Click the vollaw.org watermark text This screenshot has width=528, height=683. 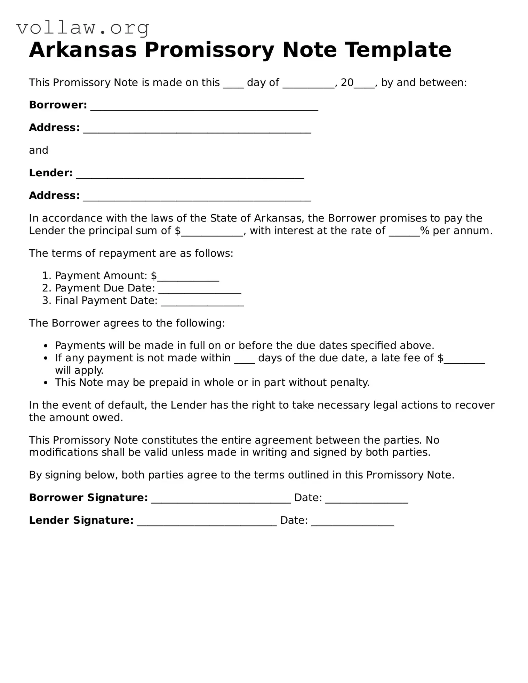[x=83, y=28]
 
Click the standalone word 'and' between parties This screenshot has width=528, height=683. [x=38, y=150]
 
